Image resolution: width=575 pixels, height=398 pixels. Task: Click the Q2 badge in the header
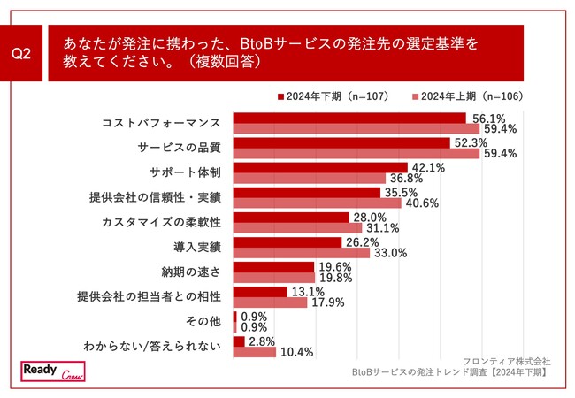[x=24, y=54]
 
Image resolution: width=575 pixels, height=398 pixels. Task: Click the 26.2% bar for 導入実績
[x=287, y=241]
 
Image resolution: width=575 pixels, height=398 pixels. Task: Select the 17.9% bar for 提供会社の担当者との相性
[x=269, y=302]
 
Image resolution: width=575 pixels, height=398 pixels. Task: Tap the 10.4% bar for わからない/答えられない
[x=255, y=351]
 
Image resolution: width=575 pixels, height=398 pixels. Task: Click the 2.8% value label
[x=262, y=341]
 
